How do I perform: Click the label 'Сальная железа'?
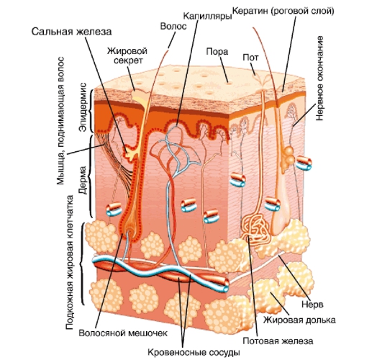point(71,32)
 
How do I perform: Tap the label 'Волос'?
point(173,27)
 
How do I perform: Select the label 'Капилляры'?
point(207,16)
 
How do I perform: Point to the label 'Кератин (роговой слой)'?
point(283,12)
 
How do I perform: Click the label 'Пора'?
point(217,52)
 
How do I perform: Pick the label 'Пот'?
point(250,58)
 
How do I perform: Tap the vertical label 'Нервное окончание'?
point(319,78)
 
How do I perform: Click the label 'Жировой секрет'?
point(127,55)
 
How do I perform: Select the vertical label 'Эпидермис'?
point(83,107)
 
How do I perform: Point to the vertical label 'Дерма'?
point(83,180)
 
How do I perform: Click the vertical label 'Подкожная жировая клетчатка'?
point(70,262)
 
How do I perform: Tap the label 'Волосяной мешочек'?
point(123,333)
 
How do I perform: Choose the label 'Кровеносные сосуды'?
point(194,352)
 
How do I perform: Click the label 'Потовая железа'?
point(278,341)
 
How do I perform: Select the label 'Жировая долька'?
point(299,320)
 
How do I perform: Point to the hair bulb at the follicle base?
point(128,225)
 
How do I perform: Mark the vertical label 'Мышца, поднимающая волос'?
point(60,120)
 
